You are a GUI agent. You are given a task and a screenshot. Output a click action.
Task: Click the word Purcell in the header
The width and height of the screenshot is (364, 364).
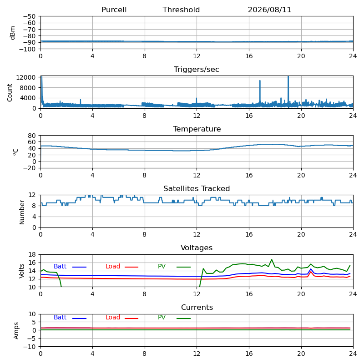click(114, 10)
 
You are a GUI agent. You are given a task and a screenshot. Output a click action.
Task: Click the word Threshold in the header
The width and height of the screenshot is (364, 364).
click(181, 10)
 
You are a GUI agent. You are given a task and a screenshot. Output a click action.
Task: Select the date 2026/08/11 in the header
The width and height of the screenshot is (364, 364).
click(269, 10)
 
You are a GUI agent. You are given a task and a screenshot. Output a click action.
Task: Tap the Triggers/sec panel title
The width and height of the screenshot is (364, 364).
click(197, 70)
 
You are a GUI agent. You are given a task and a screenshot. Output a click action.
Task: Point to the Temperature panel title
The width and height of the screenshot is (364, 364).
click(197, 129)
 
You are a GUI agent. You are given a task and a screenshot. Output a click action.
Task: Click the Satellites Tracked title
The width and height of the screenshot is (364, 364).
click(197, 188)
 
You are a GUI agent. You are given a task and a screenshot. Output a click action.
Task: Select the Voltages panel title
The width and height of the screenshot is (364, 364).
click(197, 248)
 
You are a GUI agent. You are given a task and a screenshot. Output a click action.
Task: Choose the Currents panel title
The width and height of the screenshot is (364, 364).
click(197, 308)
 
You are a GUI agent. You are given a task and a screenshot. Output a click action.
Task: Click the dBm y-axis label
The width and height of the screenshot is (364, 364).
click(13, 33)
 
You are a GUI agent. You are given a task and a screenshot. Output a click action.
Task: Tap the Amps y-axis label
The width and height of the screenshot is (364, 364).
click(16, 331)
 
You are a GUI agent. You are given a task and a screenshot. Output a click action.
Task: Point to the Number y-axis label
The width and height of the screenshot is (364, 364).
click(22, 212)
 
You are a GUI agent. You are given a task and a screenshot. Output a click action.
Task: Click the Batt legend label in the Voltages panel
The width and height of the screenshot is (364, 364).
click(60, 267)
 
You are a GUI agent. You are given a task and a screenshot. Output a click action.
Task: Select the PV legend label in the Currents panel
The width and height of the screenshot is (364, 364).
click(162, 317)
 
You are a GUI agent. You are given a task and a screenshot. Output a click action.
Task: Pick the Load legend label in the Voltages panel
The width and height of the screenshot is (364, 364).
click(113, 267)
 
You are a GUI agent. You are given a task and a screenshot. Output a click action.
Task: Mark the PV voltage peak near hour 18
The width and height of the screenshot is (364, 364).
click(272, 259)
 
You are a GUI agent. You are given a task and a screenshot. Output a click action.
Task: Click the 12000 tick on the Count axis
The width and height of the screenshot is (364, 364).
click(25, 77)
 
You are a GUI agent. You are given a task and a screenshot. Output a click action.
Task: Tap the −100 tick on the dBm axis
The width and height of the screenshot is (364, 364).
click(27, 49)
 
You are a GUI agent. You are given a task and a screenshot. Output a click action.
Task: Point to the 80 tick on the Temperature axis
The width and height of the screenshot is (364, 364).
click(32, 135)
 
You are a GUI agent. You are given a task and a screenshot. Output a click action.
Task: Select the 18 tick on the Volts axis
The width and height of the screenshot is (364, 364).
click(32, 255)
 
